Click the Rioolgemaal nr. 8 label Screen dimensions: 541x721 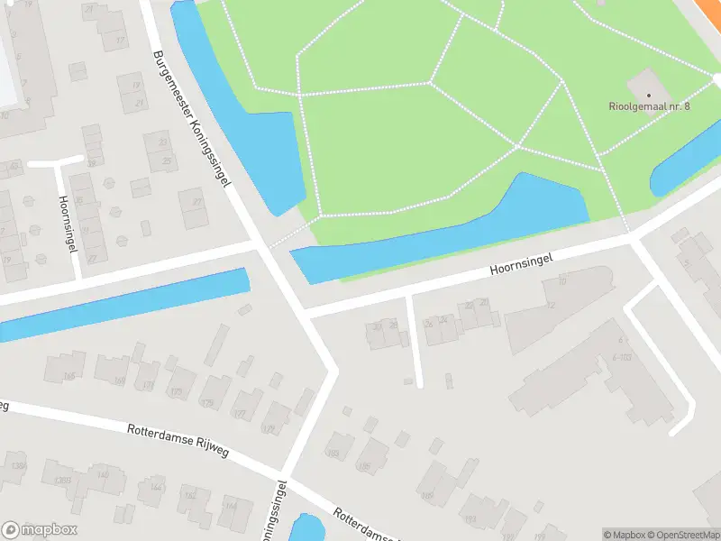click(649, 106)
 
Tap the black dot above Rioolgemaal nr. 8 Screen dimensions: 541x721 click(649, 94)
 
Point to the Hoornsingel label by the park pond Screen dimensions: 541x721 click(520, 263)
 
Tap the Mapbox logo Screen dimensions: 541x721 click(40, 530)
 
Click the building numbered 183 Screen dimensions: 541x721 click(340, 445)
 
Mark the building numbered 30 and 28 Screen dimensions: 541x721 click(387, 334)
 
